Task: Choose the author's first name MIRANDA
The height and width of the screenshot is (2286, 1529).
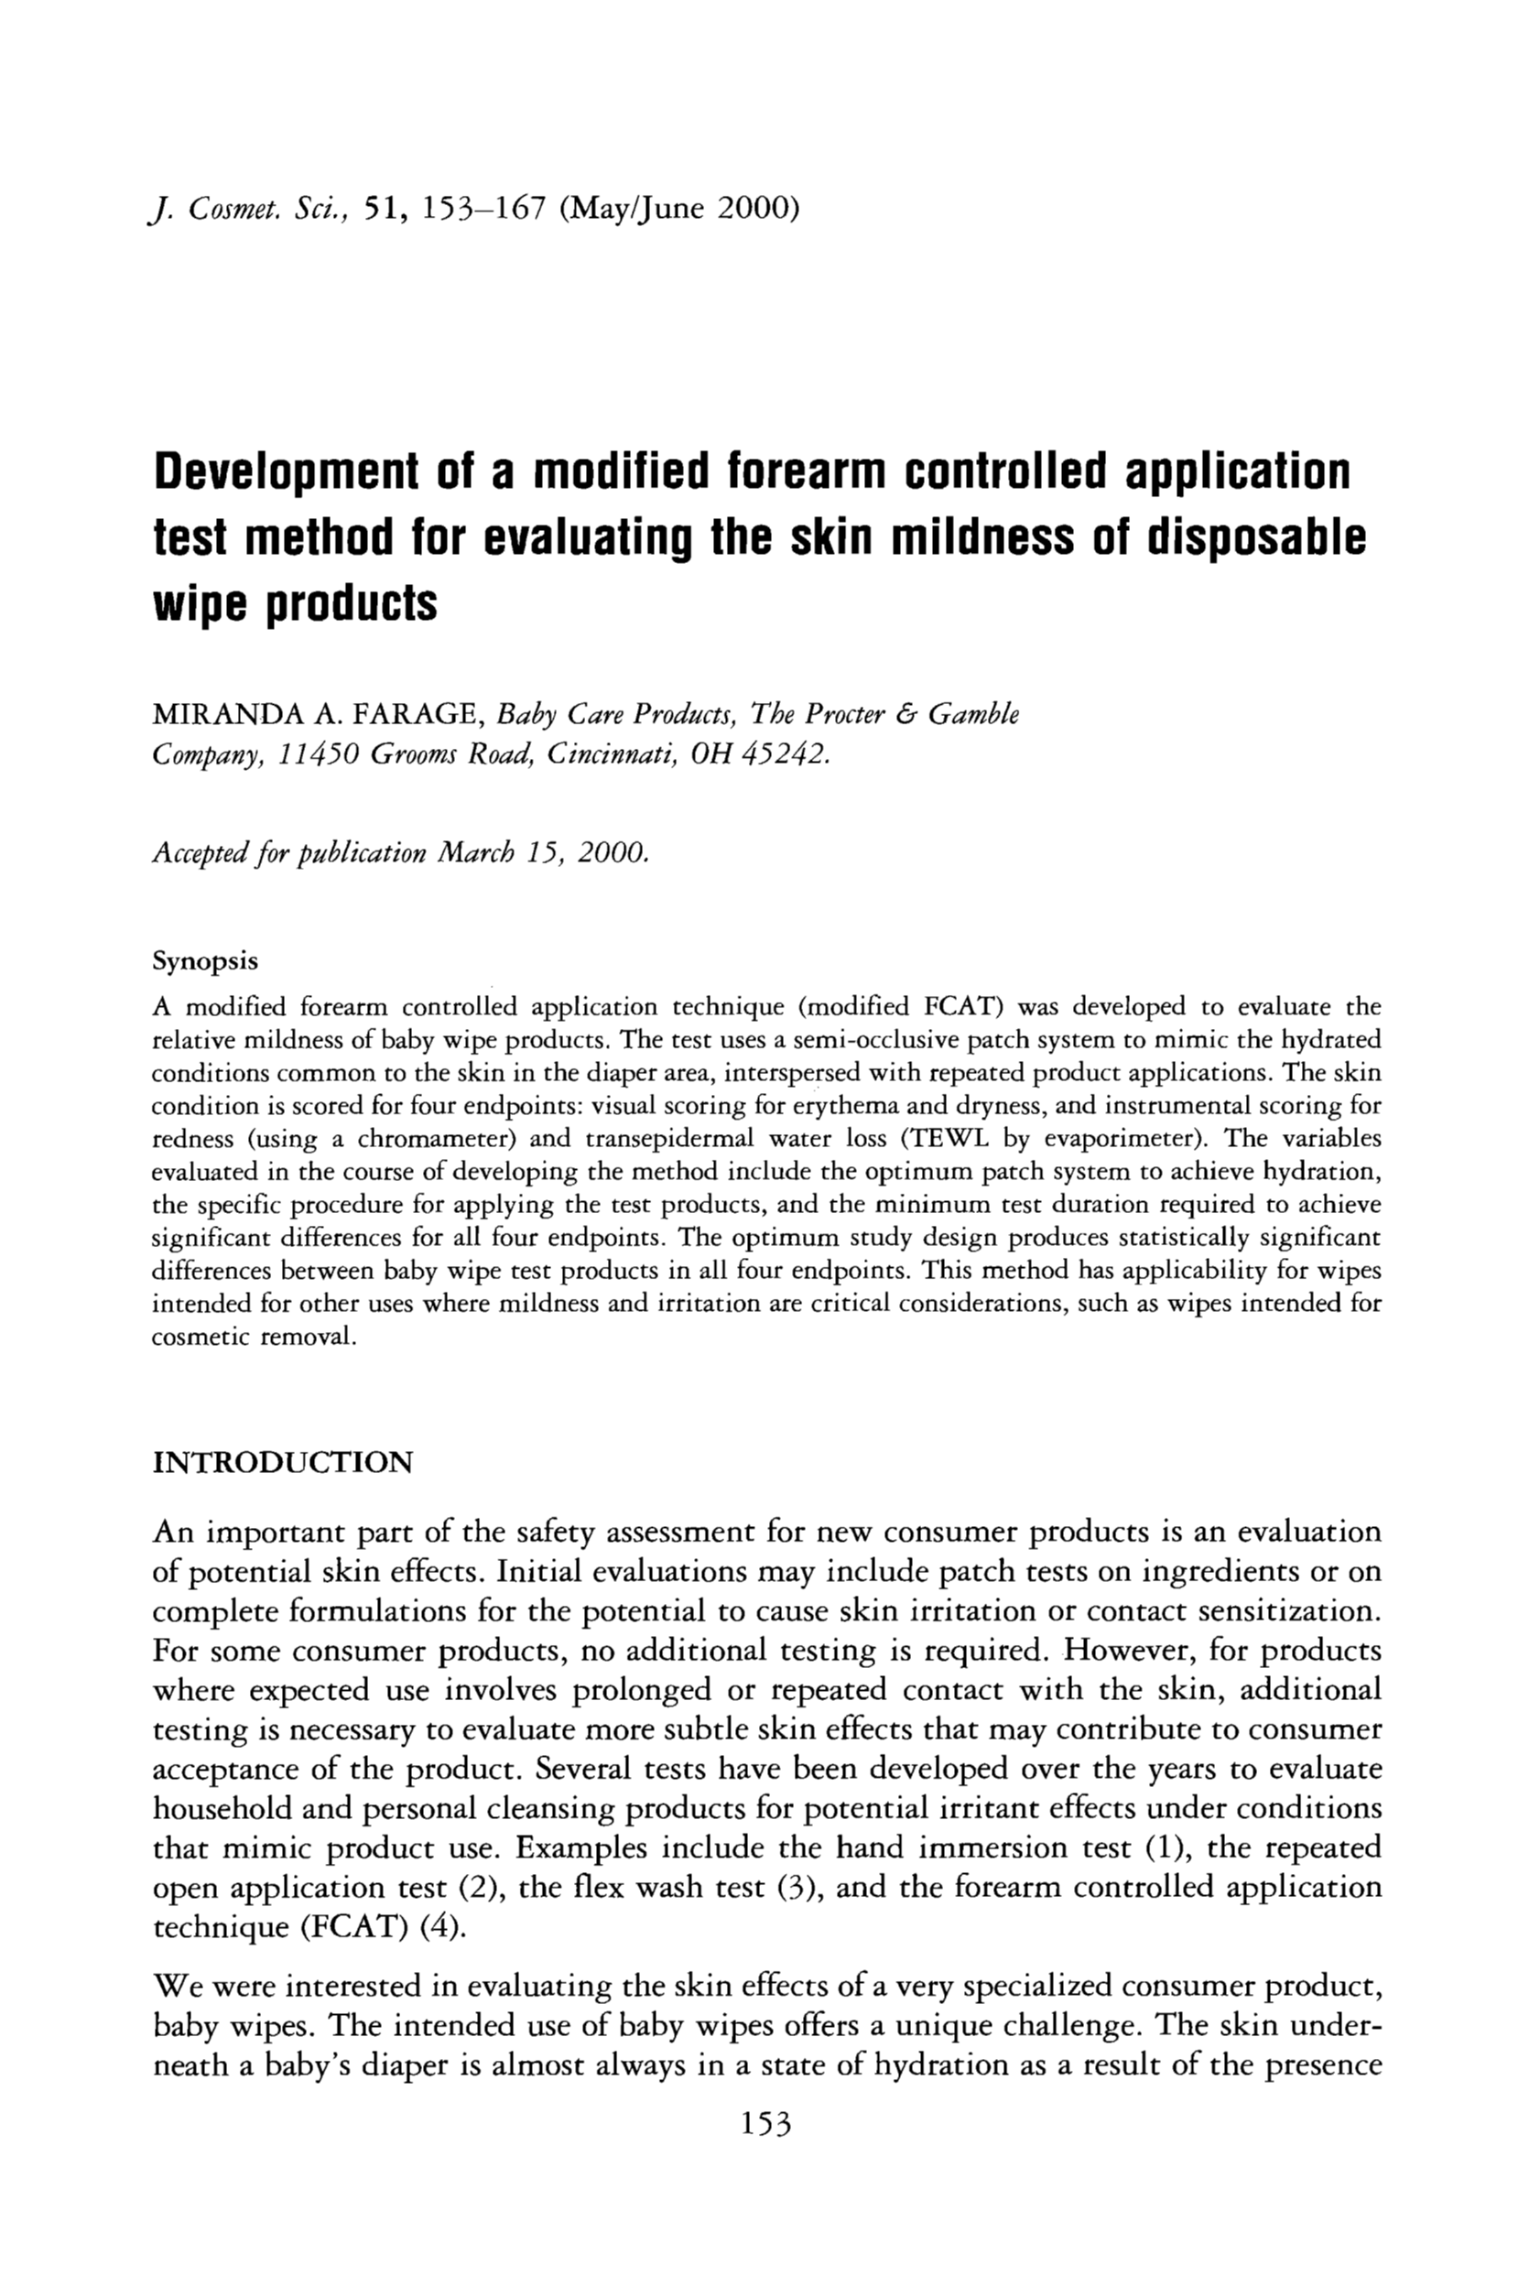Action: point(228,716)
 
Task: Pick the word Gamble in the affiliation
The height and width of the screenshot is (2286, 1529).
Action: point(972,715)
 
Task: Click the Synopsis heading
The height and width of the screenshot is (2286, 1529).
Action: point(206,961)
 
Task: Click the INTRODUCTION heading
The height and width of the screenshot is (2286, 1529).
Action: point(283,1462)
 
